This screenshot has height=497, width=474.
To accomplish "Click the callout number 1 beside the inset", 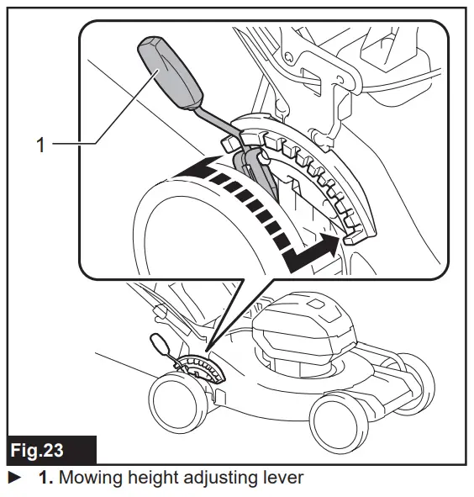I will (x=39, y=144).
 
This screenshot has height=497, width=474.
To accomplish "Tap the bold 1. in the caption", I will (x=47, y=478).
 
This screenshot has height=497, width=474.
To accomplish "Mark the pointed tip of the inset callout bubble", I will (x=205, y=346).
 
